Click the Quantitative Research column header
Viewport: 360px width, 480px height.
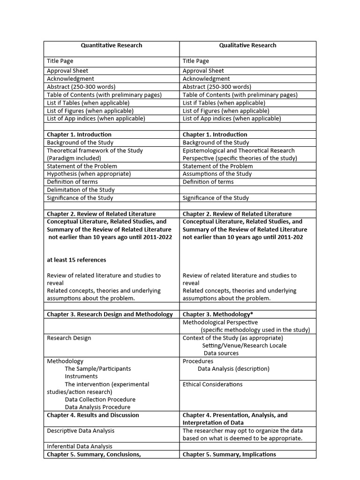tap(111, 45)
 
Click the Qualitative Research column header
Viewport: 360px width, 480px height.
tap(247, 45)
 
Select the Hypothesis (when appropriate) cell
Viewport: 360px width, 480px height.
tap(89, 174)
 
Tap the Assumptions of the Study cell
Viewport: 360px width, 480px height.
tap(217, 174)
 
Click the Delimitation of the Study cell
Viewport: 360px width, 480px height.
tap(81, 190)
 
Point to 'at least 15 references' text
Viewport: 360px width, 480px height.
tap(76, 260)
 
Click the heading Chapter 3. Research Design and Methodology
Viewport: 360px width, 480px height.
tap(110, 314)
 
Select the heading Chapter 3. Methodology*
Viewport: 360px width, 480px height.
tap(215, 314)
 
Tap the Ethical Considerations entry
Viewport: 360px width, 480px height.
tap(212, 384)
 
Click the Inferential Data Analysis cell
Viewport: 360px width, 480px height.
tap(80, 446)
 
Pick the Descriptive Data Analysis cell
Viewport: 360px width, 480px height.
tap(81, 430)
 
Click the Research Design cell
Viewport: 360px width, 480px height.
tap(69, 338)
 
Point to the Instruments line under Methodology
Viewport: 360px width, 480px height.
tap(81, 376)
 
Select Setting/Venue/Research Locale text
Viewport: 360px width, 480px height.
tap(244, 345)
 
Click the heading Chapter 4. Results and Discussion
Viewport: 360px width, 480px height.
tap(93, 415)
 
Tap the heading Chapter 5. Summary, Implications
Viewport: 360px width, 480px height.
tap(229, 454)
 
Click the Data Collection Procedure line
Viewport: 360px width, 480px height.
tap(97, 399)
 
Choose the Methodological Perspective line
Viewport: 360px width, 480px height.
tap(220, 322)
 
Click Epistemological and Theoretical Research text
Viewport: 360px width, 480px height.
tap(239, 150)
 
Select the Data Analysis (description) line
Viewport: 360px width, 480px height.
tap(233, 369)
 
